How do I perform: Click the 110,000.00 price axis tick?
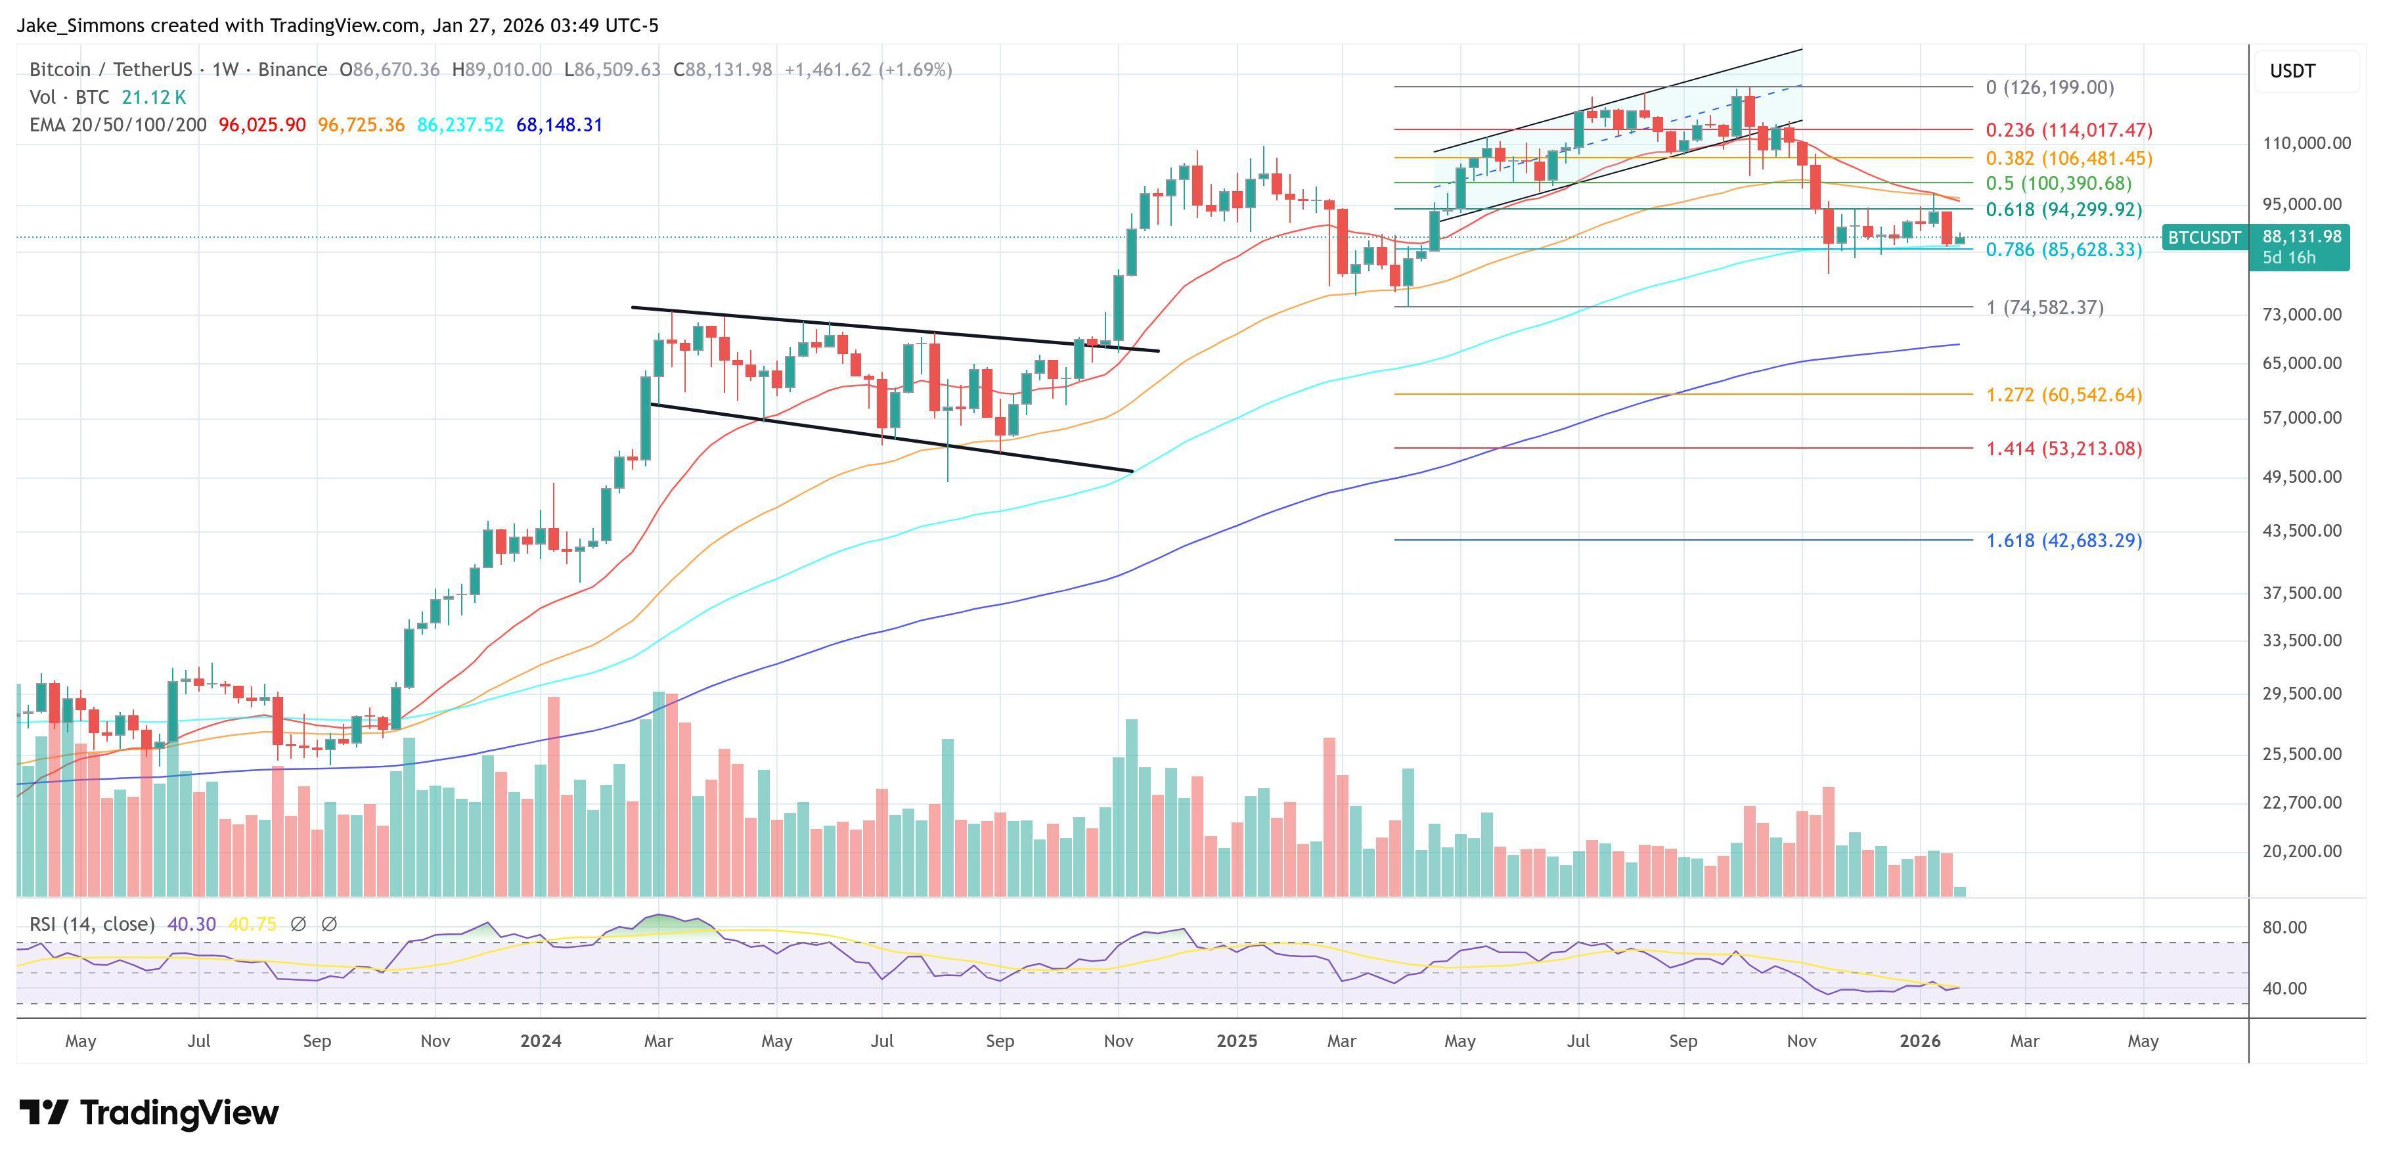[2305, 143]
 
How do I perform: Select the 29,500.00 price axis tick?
[2302, 694]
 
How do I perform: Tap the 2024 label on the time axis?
[540, 1040]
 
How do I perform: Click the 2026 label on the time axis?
[1919, 1040]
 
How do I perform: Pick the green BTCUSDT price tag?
[2204, 238]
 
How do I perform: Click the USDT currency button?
[2292, 71]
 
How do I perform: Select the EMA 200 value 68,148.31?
[559, 125]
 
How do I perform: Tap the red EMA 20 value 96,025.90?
[262, 125]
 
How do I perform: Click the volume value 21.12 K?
[154, 97]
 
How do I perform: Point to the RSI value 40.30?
[192, 924]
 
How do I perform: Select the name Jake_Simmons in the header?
[81, 26]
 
